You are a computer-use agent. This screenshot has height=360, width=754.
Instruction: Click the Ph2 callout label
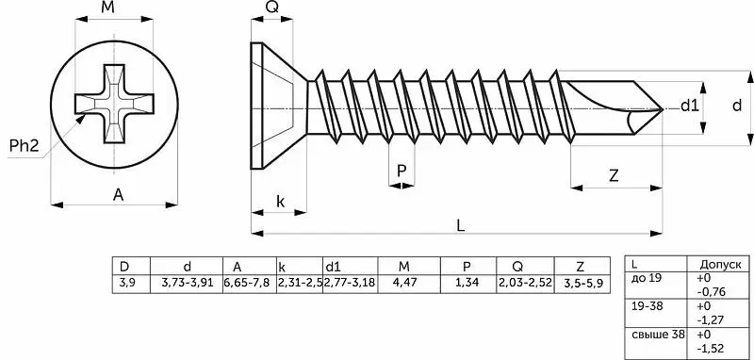pyautogui.click(x=24, y=146)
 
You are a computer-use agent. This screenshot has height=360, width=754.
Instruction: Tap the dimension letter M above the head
pyautogui.click(x=108, y=8)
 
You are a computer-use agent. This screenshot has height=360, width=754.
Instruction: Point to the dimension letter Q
pyautogui.click(x=272, y=8)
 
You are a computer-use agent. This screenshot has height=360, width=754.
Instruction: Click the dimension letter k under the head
pyautogui.click(x=280, y=202)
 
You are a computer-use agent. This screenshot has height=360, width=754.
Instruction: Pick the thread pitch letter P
pyautogui.click(x=402, y=171)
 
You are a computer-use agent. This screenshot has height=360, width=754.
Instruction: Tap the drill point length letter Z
pyautogui.click(x=614, y=176)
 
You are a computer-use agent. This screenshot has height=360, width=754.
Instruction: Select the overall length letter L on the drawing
pyautogui.click(x=460, y=226)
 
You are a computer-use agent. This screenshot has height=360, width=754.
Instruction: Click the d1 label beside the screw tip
pyautogui.click(x=689, y=106)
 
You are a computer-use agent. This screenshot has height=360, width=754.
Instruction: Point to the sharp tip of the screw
pyautogui.click(x=664, y=109)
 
